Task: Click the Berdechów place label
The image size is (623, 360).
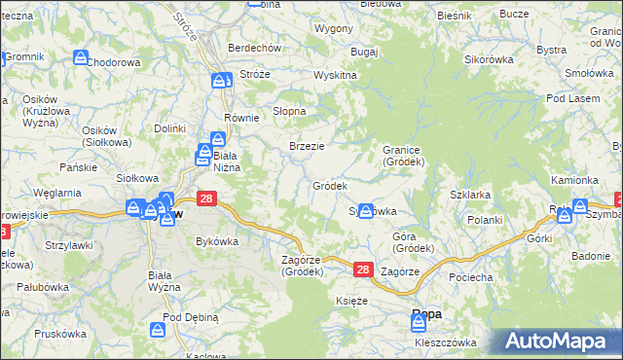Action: point(254,48)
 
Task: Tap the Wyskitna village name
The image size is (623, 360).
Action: point(335,76)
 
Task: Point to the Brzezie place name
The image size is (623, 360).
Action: point(307,146)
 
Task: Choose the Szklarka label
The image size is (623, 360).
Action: point(469,195)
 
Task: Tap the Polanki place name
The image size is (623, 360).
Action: point(484,221)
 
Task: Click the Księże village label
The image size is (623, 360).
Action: point(351,302)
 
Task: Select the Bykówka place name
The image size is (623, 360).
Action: point(217,240)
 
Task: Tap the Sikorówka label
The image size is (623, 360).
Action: point(489,59)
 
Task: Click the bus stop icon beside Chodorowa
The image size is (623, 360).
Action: point(79,58)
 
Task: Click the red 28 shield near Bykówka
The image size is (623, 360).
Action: point(206,198)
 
